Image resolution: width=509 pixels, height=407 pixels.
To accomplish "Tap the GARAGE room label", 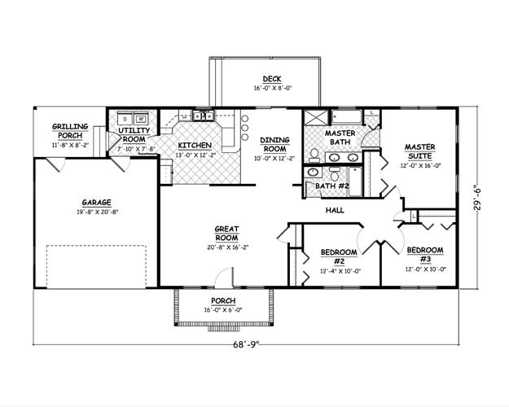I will tap(96, 203).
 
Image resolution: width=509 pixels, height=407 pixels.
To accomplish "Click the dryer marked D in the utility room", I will tap(126, 117).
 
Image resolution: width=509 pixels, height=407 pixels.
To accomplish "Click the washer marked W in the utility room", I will tap(141, 117).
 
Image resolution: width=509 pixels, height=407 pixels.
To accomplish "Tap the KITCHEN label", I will tap(195, 144).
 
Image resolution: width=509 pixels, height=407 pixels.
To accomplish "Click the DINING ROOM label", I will tap(274, 144).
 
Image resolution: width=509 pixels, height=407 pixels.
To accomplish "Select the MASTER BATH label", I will tap(338, 138).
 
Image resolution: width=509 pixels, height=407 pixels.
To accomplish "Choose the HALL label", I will tap(335, 210).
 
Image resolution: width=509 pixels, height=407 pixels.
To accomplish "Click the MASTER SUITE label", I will tap(420, 151).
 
